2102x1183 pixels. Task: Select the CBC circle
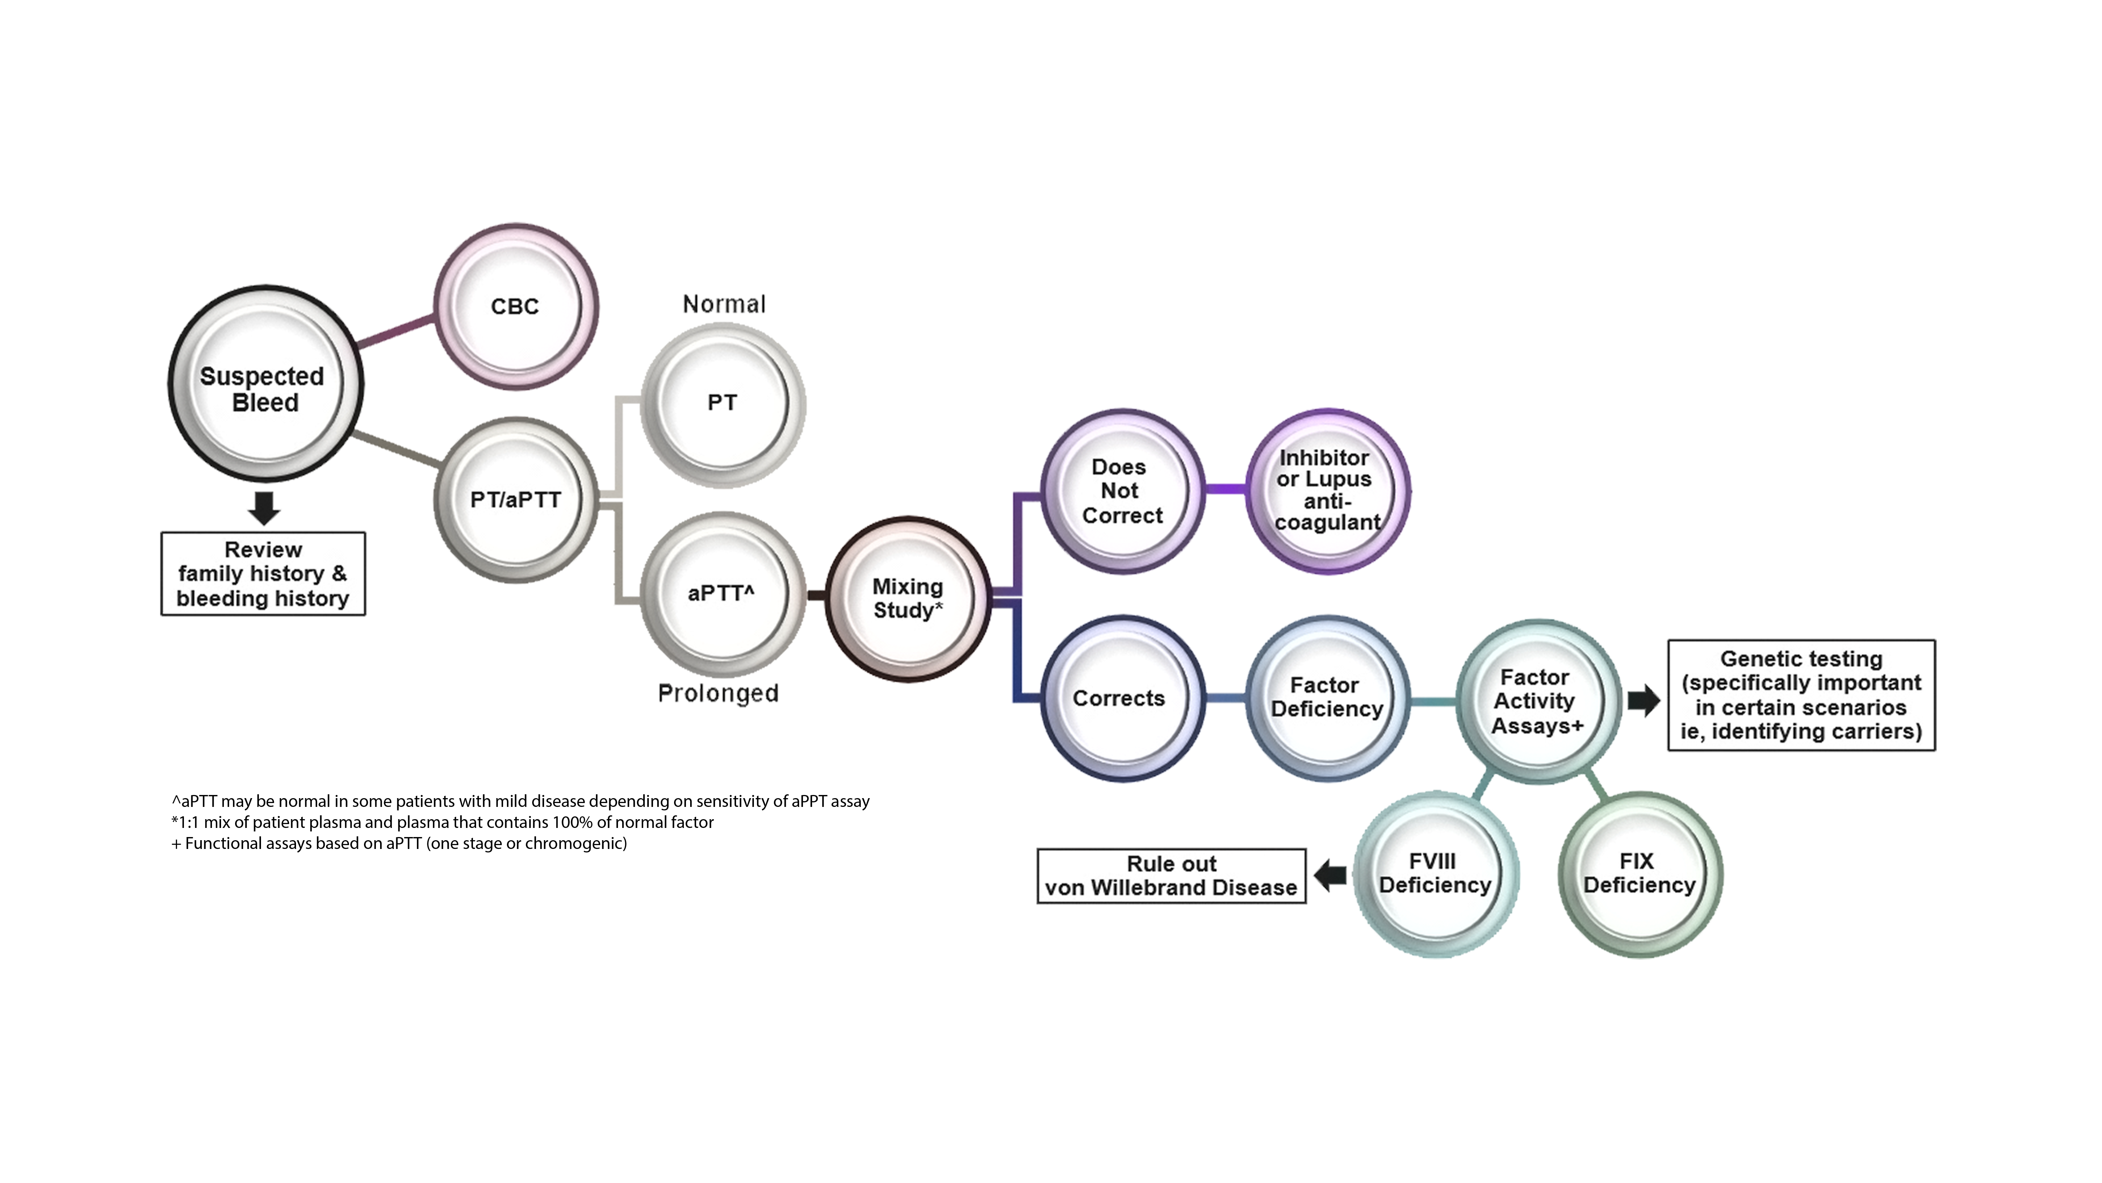[x=515, y=306]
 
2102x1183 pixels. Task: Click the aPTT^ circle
[x=721, y=593]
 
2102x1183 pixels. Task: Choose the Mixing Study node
[x=907, y=598]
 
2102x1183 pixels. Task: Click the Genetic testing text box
[x=1801, y=695]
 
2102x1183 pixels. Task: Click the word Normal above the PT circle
[x=721, y=306]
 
